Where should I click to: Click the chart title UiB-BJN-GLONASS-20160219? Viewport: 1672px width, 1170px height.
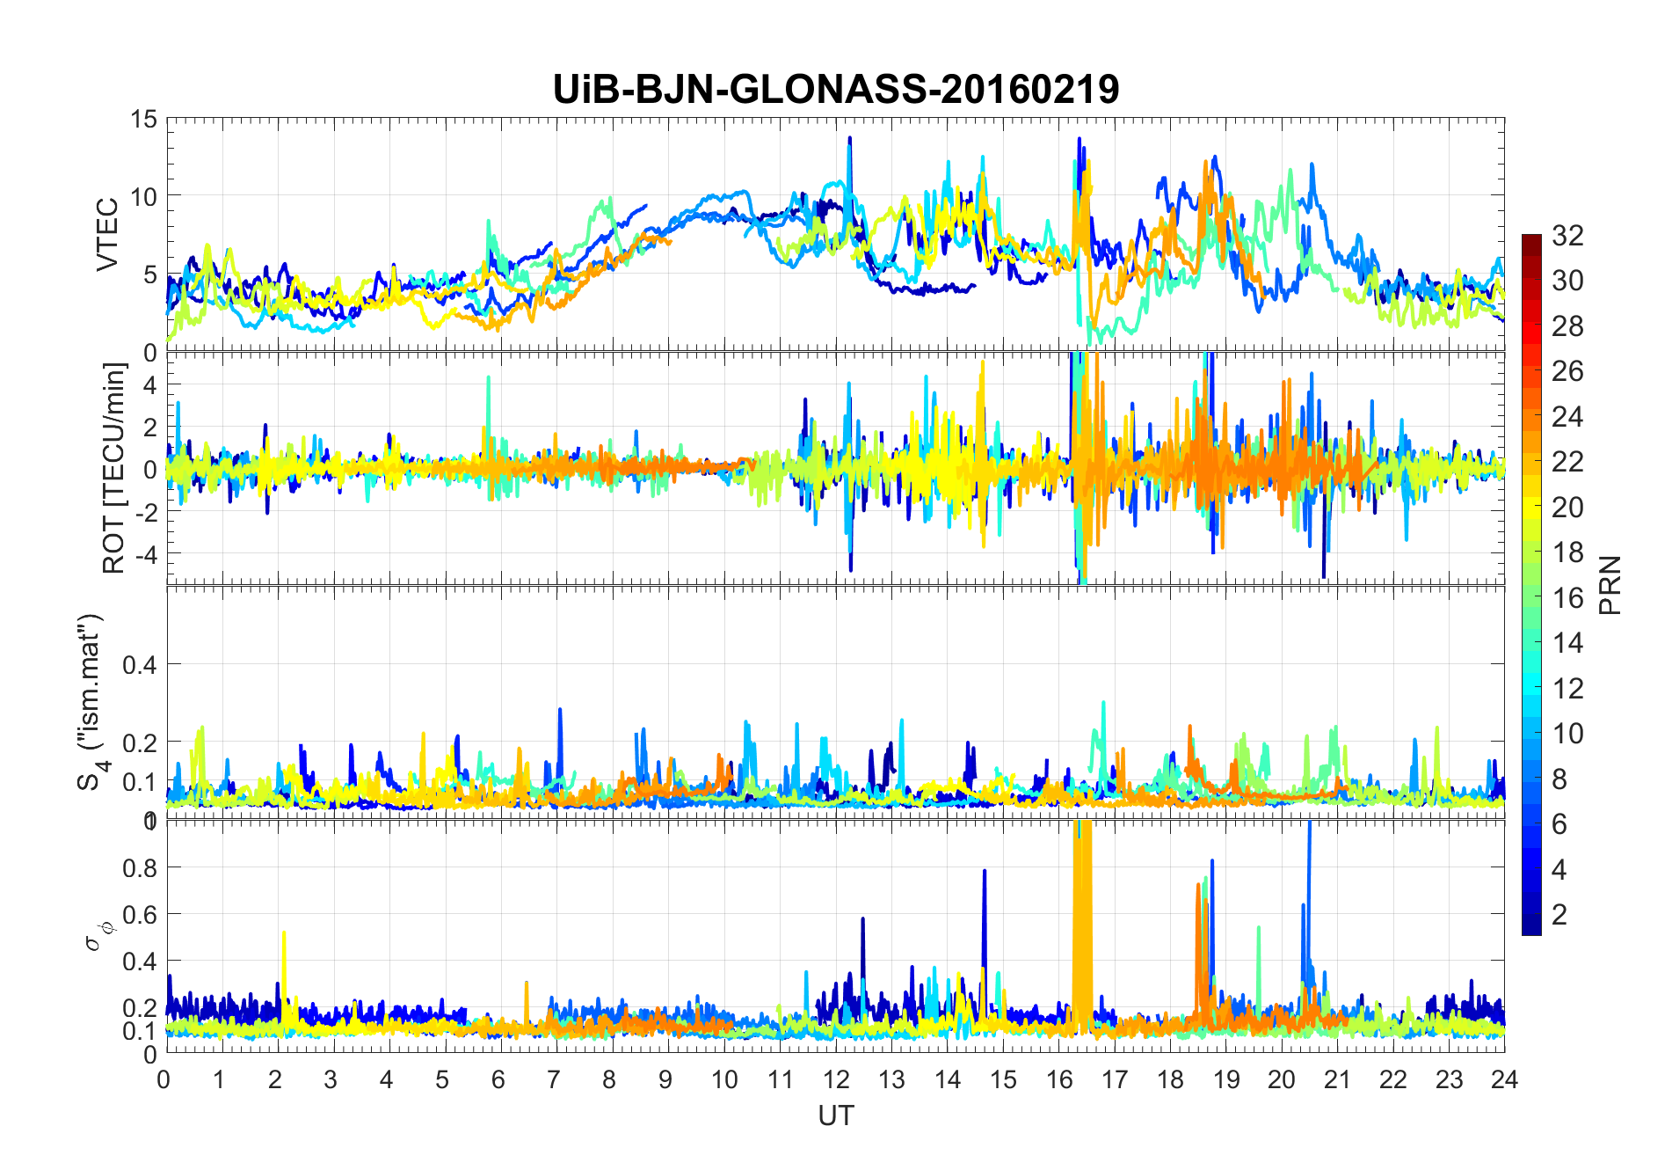835,89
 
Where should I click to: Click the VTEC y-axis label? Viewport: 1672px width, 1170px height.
107,234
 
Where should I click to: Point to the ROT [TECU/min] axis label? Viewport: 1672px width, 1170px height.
114,468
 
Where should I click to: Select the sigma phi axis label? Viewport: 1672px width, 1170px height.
95,935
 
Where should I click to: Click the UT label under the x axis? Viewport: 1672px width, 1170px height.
835,1115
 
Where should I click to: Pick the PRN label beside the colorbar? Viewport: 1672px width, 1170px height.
1610,585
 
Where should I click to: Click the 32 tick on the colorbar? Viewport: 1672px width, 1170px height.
1567,235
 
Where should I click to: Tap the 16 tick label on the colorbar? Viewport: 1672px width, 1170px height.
1567,598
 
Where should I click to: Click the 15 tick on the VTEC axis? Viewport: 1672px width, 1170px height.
144,119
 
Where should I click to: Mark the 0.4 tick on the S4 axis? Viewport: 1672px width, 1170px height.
139,664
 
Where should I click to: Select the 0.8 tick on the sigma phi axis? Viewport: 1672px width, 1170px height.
139,867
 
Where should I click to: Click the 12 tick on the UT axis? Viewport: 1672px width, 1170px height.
836,1079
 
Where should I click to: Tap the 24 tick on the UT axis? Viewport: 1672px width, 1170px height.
1504,1079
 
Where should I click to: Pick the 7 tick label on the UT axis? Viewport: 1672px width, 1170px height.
554,1079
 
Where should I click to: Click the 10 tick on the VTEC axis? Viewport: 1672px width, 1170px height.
144,196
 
